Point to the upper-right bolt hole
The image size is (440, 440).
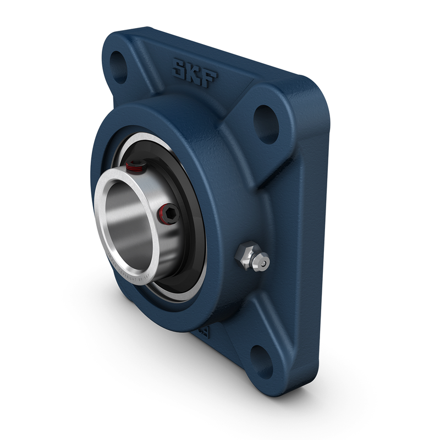(267, 117)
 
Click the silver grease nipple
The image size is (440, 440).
(252, 258)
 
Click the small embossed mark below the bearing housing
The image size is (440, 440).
(203, 332)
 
